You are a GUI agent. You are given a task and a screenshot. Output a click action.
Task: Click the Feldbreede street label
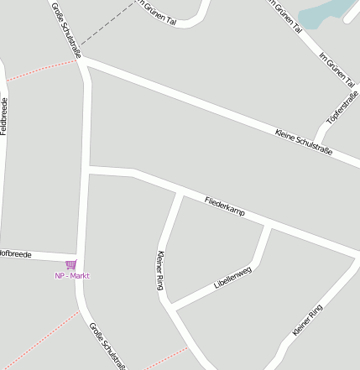pos(4,116)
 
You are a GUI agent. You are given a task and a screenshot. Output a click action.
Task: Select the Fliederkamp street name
pos(225,207)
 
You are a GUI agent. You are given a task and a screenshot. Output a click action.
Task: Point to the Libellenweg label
pos(232,278)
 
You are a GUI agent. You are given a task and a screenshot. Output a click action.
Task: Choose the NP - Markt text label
pos(72,276)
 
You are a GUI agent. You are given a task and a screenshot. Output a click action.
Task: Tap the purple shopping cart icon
pos(70,265)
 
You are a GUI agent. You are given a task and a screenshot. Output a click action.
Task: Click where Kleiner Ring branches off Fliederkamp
pos(180,193)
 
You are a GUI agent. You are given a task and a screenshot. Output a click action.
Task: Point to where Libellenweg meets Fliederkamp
pos(269,226)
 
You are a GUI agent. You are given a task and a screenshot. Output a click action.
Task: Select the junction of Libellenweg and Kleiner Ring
pos(171,305)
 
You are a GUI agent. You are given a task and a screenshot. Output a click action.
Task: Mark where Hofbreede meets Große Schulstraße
pos(78,256)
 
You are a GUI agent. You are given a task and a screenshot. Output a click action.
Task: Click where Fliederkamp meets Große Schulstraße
pos(88,170)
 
